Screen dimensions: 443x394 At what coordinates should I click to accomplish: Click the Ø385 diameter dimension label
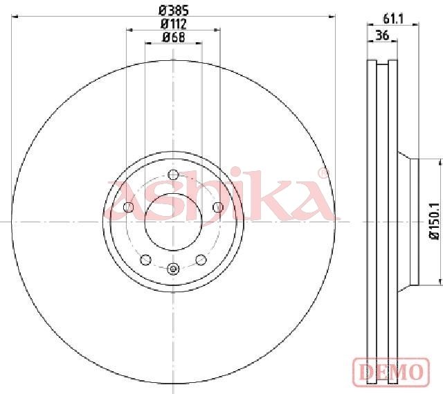click(173, 11)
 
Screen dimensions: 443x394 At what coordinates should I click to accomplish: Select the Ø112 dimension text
click(173, 24)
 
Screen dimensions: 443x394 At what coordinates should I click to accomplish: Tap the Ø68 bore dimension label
click(173, 37)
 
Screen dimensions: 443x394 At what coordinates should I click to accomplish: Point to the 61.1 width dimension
click(393, 19)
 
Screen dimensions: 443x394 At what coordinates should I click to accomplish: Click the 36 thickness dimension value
click(382, 35)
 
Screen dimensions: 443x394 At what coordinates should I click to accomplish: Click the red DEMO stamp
click(391, 371)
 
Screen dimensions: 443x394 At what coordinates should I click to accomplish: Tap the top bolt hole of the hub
click(173, 174)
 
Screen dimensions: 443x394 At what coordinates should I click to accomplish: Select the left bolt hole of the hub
click(129, 207)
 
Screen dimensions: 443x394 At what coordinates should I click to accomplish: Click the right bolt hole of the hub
click(217, 207)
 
